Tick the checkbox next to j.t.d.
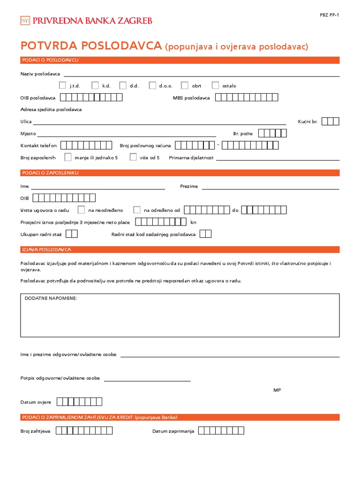(62, 85)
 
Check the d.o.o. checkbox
(152, 85)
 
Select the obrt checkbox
(184, 85)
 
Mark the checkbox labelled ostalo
(215, 85)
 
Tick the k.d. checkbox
(95, 85)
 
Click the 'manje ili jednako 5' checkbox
(68, 157)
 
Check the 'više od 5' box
(133, 157)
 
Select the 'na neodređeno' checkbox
(81, 210)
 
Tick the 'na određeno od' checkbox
(137, 210)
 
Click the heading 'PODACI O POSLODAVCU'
(50, 60)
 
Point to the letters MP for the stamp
(277, 390)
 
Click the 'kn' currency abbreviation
(193, 222)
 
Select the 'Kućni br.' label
(307, 121)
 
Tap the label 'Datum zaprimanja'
(173, 431)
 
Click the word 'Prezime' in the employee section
(189, 186)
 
